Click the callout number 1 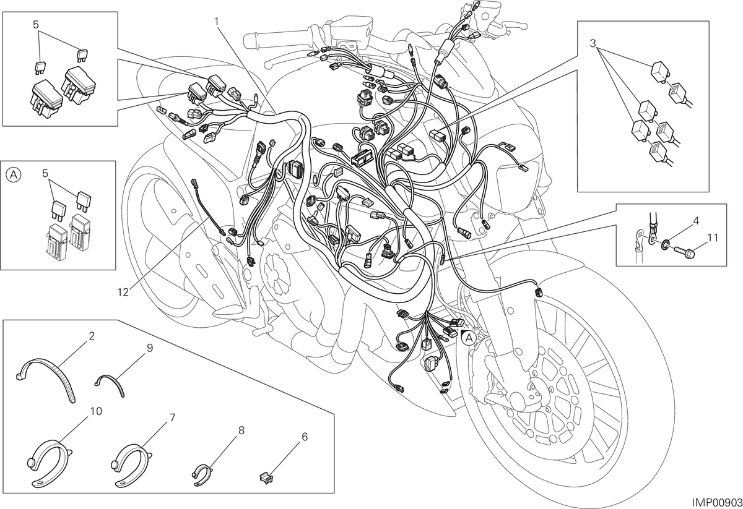(x=217, y=22)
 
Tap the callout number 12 (x=123, y=293)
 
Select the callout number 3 (x=593, y=43)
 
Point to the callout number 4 (x=696, y=221)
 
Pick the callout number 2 (x=92, y=336)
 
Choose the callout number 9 (x=150, y=348)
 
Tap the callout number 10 (x=96, y=411)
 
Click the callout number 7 (x=172, y=418)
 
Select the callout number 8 (x=241, y=430)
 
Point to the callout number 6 (x=305, y=437)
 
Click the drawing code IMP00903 (x=716, y=502)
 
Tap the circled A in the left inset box (x=14, y=174)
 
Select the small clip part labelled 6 (x=266, y=477)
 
